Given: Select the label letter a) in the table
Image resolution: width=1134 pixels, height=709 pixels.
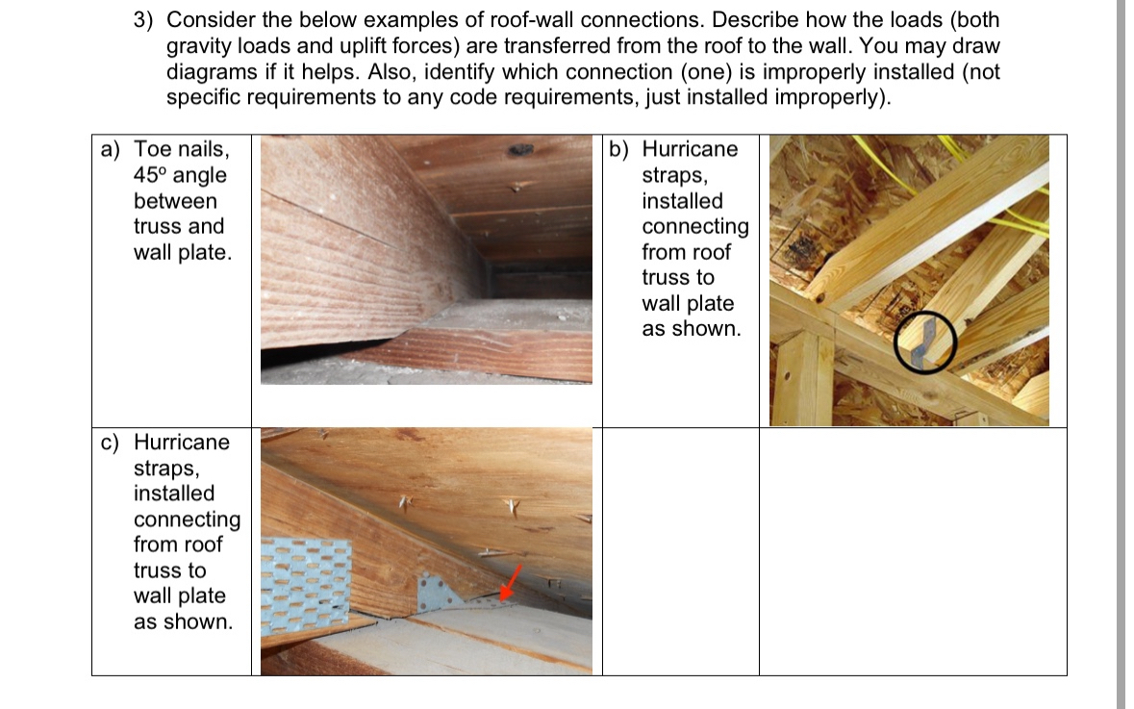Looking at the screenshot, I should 112,150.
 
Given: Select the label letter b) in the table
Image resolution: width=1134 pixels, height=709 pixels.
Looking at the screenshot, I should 618,150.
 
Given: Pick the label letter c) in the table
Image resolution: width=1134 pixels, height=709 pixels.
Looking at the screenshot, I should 112,443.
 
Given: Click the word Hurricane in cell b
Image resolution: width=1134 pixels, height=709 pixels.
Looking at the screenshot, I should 690,150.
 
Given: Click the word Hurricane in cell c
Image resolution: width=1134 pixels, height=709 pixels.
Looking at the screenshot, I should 182,443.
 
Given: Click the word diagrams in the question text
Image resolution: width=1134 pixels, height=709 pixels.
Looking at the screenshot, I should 211,72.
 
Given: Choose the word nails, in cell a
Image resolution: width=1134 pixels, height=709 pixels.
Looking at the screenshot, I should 202,150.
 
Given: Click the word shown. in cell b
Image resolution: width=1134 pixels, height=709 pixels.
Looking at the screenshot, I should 692,329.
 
